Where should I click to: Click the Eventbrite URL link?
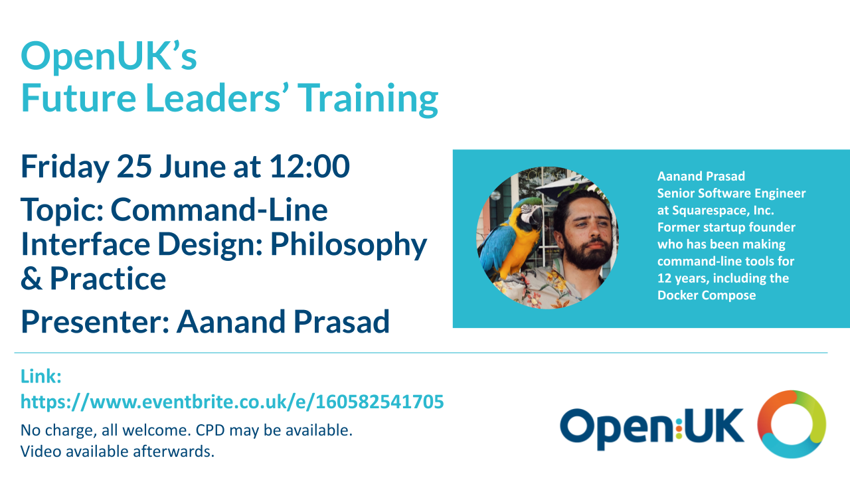tap(232, 402)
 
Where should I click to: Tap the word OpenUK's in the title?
tap(109, 56)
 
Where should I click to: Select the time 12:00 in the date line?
tap(309, 166)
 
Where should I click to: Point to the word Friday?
tap(65, 167)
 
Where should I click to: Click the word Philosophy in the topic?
tap(349, 246)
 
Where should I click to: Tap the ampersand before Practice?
tap(31, 278)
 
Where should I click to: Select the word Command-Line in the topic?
tap(219, 209)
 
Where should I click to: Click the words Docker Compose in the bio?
tap(707, 295)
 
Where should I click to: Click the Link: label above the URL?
tap(41, 376)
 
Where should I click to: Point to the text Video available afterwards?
tap(118, 451)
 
